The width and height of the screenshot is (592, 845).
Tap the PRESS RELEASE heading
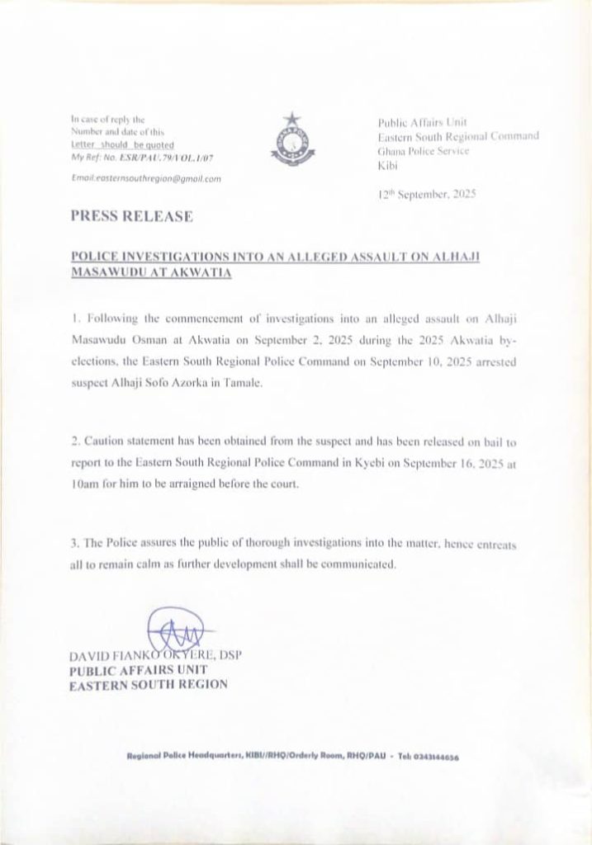click(x=132, y=216)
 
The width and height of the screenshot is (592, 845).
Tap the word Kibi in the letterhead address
click(x=385, y=165)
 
